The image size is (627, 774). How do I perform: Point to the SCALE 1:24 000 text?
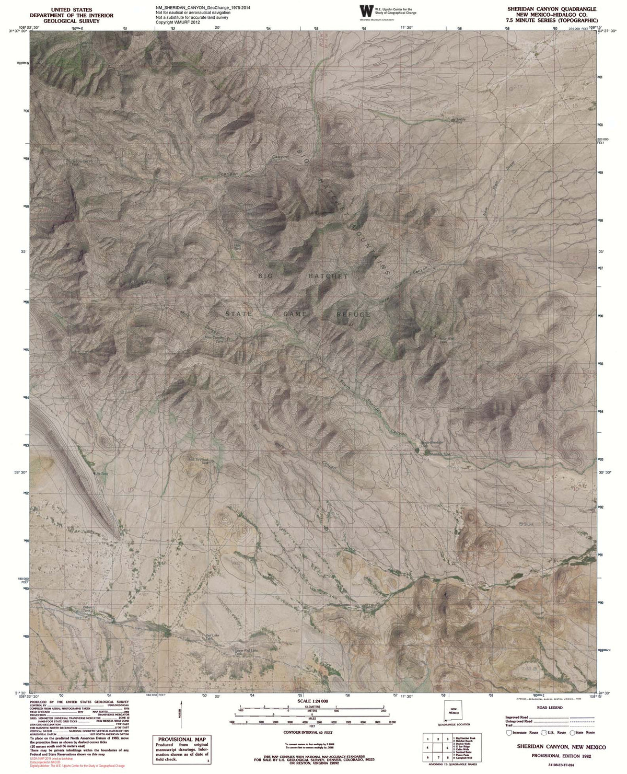coord(312,700)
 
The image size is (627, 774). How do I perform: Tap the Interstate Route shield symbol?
coord(509,733)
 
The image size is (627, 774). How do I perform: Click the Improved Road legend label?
coord(517,713)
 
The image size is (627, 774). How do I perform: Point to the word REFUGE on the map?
coord(353,314)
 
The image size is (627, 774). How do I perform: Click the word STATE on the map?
coord(239,314)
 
